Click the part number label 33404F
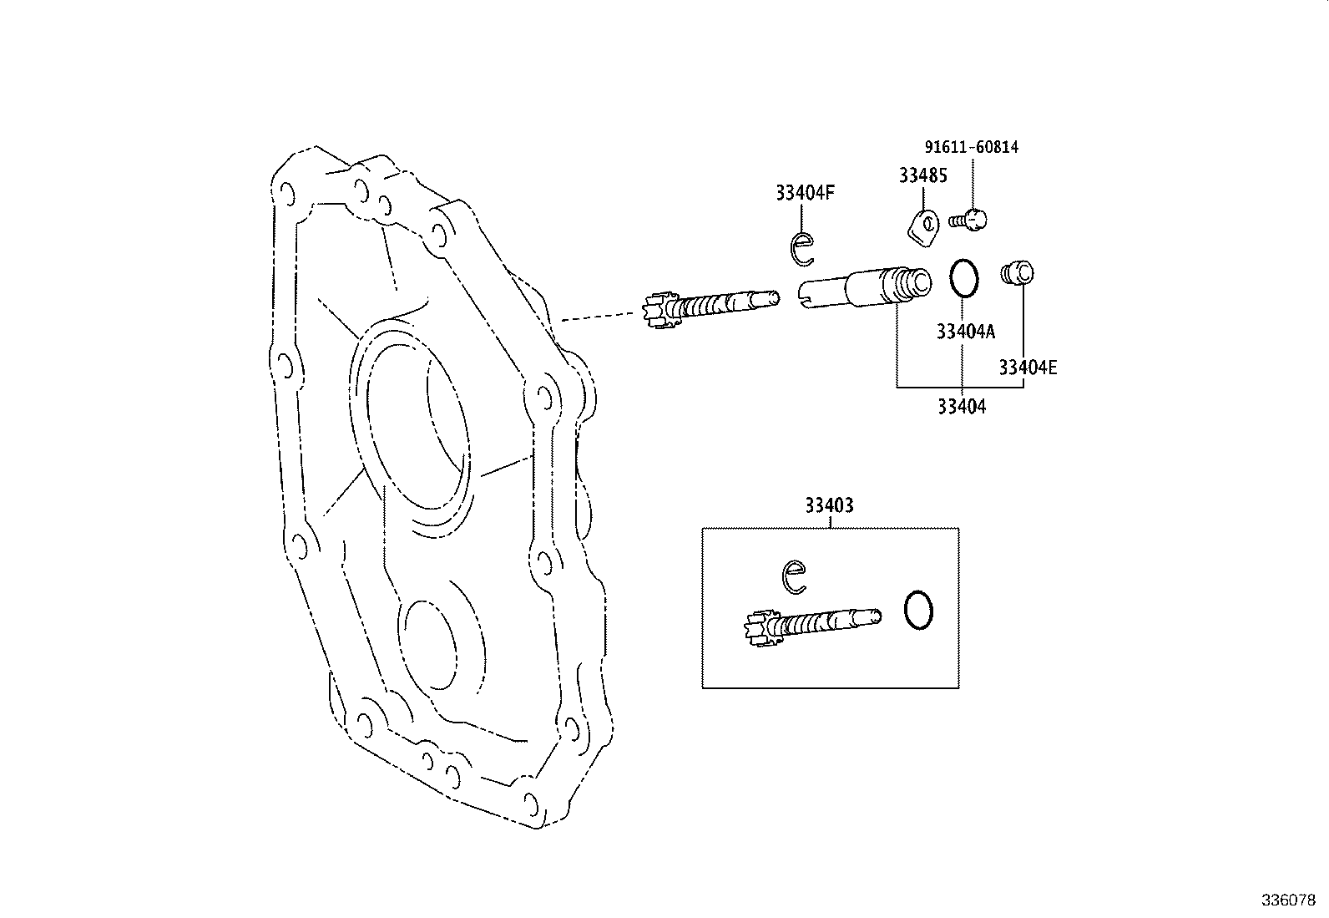(x=805, y=193)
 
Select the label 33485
(x=922, y=175)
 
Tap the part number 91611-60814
(x=972, y=147)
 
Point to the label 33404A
(x=966, y=332)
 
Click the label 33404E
(x=1028, y=367)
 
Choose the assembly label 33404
(x=961, y=407)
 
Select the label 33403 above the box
(x=829, y=505)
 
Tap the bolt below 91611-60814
(x=970, y=221)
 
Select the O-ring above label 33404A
(x=964, y=277)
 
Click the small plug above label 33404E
(x=1017, y=272)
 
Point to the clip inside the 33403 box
(x=794, y=576)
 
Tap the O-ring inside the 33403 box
(x=918, y=611)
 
